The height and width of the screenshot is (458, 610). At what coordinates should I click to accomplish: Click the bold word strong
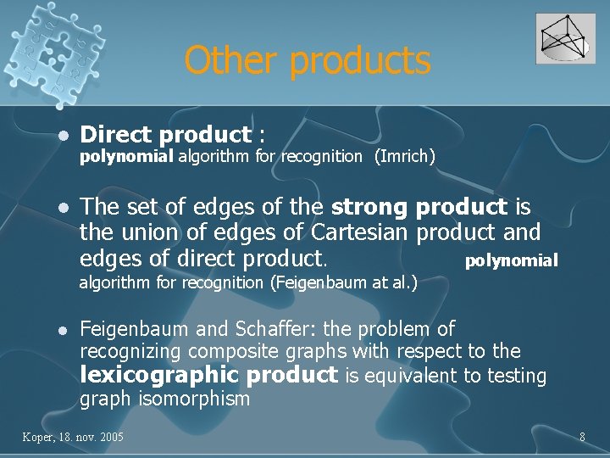pyautogui.click(x=369, y=208)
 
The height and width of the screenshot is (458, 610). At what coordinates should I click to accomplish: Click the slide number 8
pyautogui.click(x=582, y=437)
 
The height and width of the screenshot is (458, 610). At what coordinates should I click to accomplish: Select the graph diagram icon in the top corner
pyautogui.click(x=565, y=39)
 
